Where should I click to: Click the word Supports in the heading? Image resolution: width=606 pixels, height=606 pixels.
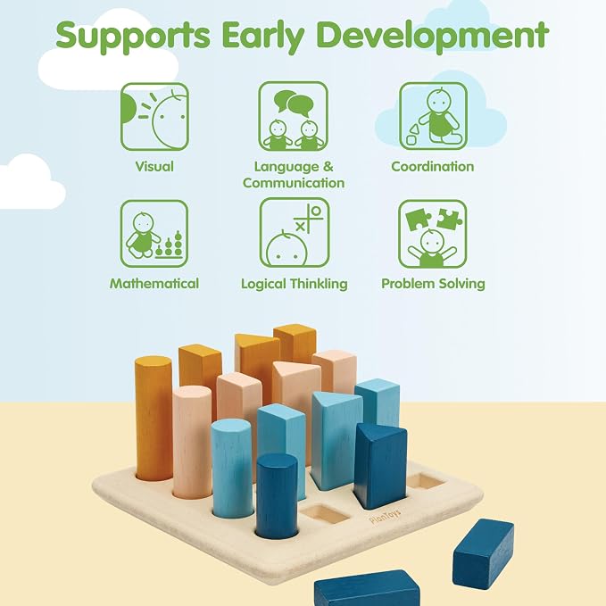click(133, 35)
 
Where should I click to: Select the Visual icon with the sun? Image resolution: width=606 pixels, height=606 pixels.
click(154, 117)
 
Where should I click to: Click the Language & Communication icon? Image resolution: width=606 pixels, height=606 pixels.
click(294, 116)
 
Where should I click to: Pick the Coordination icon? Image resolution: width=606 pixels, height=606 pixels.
click(433, 116)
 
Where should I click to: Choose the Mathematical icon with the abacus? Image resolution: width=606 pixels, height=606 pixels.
click(154, 234)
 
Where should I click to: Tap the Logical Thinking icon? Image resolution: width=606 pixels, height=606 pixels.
click(295, 233)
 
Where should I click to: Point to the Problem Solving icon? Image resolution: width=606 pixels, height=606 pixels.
click(433, 234)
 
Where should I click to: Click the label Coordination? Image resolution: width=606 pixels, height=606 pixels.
click(433, 167)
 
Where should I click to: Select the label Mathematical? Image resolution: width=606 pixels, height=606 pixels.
click(154, 283)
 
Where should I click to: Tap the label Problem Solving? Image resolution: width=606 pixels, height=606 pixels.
click(433, 284)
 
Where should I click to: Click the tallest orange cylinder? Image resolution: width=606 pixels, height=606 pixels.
click(154, 419)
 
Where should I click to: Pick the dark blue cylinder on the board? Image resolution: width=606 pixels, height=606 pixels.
click(277, 496)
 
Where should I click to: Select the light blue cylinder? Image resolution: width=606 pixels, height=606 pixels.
click(232, 468)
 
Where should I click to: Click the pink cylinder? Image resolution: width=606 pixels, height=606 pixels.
click(192, 442)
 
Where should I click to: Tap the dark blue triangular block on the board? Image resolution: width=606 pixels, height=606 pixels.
click(380, 466)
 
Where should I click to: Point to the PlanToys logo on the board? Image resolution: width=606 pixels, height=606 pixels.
click(385, 516)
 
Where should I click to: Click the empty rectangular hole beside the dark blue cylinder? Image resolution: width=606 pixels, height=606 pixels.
click(325, 515)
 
